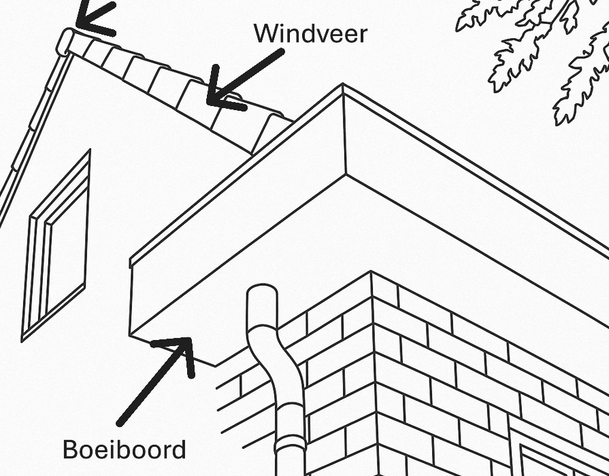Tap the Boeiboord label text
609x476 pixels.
[124, 449]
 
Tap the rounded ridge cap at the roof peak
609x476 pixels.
[66, 41]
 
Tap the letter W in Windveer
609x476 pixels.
[265, 33]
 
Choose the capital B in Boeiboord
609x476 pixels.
[70, 449]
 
